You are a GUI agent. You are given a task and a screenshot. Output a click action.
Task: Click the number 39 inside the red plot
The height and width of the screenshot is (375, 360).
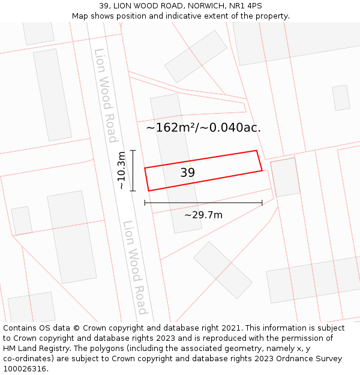(188, 173)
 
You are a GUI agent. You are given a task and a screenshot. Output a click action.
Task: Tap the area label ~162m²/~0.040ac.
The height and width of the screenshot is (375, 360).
(203, 127)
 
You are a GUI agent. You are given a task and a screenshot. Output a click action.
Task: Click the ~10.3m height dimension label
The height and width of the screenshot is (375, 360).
(121, 170)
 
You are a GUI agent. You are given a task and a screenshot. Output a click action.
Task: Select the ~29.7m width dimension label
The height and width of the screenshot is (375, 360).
(203, 215)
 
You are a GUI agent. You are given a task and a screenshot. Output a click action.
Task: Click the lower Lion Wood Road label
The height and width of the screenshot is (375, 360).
(135, 267)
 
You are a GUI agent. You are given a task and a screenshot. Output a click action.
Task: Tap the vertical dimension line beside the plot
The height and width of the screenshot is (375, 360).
(133, 170)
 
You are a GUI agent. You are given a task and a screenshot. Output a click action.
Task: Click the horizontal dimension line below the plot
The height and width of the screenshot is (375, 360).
(203, 203)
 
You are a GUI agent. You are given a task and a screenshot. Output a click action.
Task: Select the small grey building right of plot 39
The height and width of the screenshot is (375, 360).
(286, 178)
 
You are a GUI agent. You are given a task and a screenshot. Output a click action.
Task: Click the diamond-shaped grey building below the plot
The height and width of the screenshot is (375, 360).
(223, 270)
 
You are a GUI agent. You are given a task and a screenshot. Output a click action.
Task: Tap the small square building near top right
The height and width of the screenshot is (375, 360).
(341, 98)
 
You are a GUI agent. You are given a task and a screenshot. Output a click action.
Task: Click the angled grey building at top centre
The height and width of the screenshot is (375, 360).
(196, 56)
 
